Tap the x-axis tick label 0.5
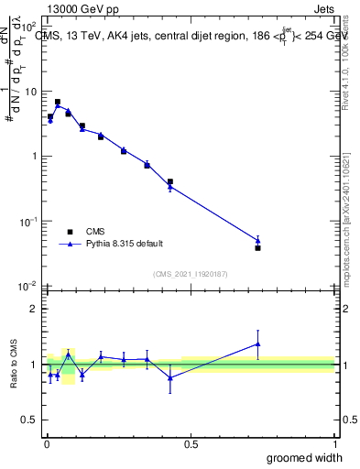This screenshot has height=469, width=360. click(x=190, y=443)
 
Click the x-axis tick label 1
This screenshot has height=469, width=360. click(x=334, y=443)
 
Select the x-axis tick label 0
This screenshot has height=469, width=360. click(x=46, y=443)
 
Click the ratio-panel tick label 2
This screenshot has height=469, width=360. click(x=35, y=309)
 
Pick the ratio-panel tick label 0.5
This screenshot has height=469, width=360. click(x=31, y=420)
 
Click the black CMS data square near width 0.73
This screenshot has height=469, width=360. click(x=257, y=247)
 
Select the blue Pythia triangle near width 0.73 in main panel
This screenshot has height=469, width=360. click(x=257, y=241)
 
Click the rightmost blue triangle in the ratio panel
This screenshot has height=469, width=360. click(x=257, y=344)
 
